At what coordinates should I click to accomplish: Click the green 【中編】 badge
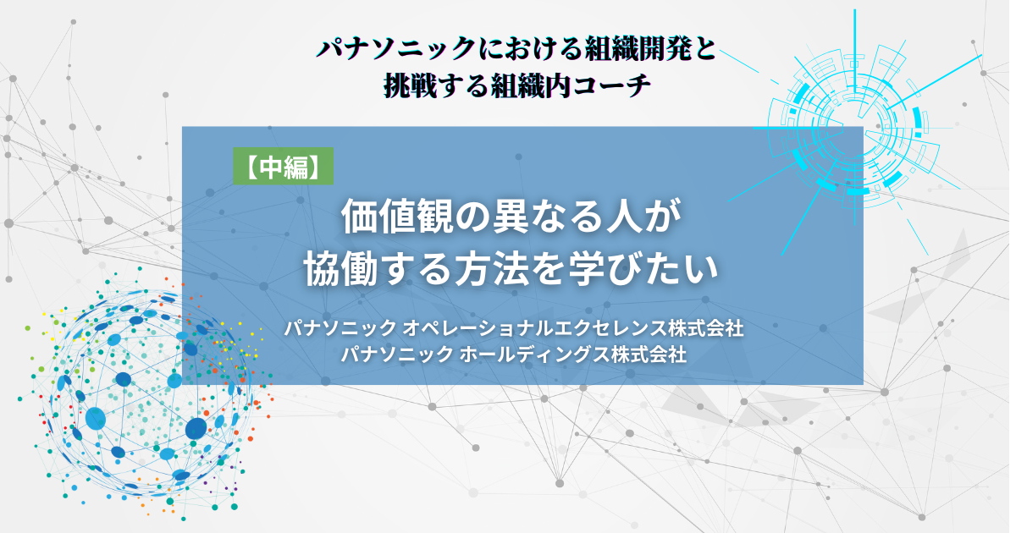[284, 166]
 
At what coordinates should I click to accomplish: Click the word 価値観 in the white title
[398, 217]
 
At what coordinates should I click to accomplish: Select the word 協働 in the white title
[340, 269]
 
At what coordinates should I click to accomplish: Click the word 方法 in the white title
[492, 269]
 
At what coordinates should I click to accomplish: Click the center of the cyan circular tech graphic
[854, 129]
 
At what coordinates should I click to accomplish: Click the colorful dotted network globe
[146, 393]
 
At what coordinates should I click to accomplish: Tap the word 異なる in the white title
[547, 217]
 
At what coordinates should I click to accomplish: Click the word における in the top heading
[529, 49]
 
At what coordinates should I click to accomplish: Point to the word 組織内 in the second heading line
[531, 85]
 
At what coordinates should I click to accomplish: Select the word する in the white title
[416, 269]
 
